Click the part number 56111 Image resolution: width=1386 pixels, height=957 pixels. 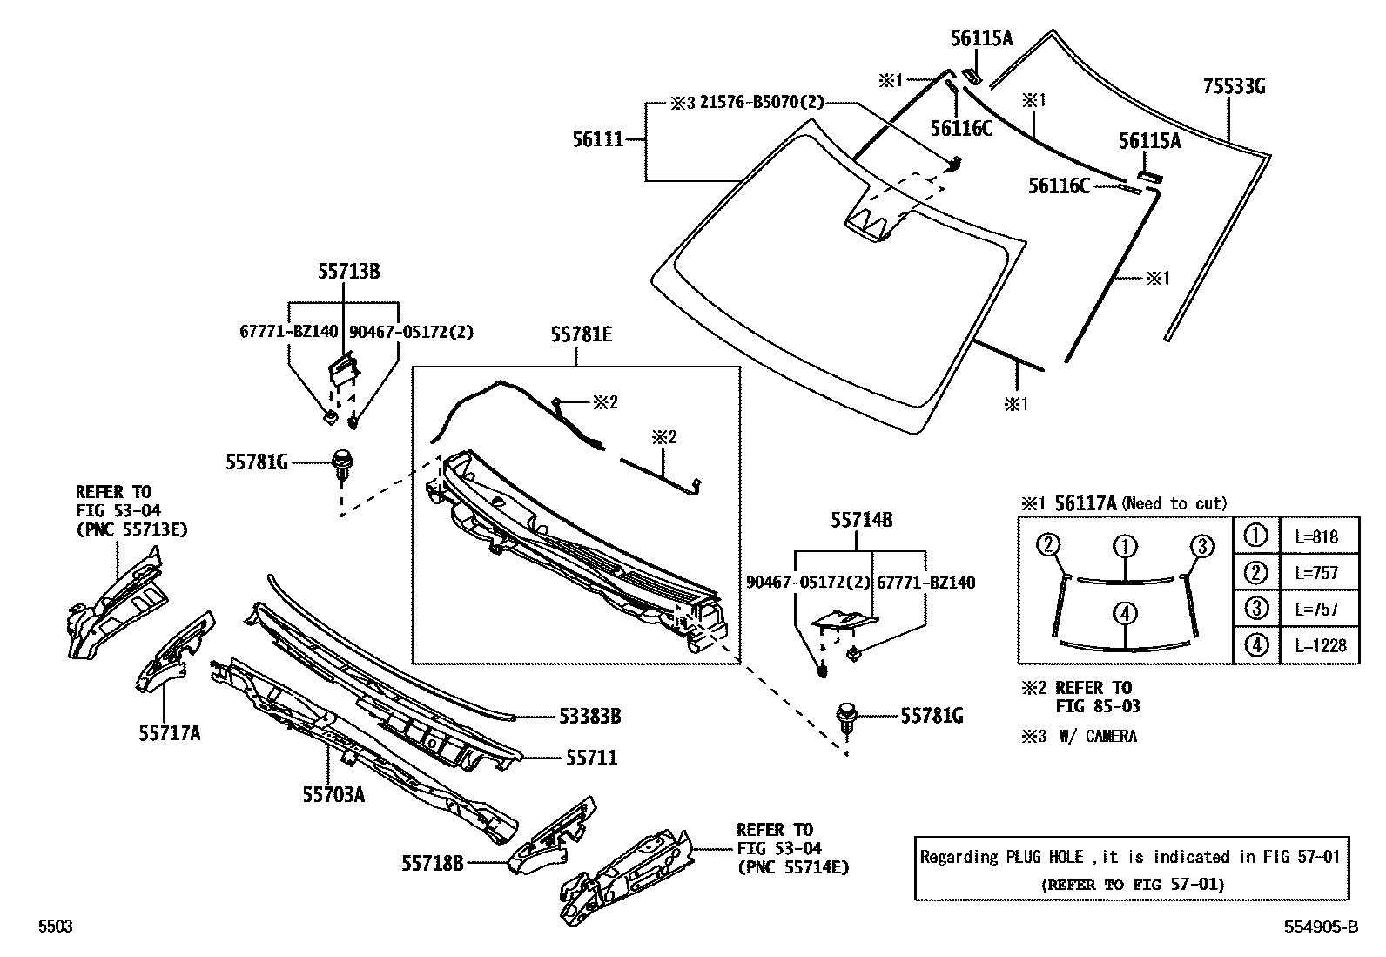click(x=597, y=139)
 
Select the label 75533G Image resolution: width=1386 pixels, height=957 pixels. click(x=1234, y=87)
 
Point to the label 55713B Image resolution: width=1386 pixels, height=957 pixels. click(x=348, y=272)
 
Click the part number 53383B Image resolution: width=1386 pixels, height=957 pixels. click(x=589, y=717)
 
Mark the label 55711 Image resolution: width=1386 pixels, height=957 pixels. click(x=591, y=758)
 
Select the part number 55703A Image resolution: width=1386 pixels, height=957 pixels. click(x=333, y=794)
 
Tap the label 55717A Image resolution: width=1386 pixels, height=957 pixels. click(x=169, y=734)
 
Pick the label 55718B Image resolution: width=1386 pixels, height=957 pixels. click(x=432, y=863)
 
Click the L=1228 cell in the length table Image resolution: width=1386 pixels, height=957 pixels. click(x=1320, y=645)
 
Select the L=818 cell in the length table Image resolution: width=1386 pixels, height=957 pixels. click(x=1320, y=537)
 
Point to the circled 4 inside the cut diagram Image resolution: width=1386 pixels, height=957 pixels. click(x=1125, y=614)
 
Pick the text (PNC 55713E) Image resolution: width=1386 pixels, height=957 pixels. click(x=131, y=529)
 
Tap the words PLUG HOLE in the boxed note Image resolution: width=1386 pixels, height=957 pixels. click(x=1045, y=857)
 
